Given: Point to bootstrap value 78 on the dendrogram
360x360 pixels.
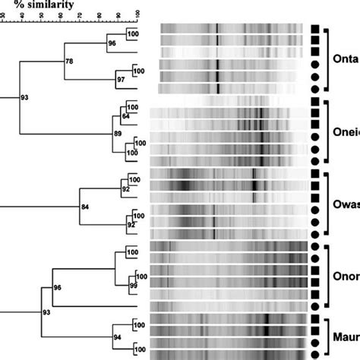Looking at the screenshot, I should (x=70, y=60).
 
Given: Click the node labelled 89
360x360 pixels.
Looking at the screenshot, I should (x=118, y=134).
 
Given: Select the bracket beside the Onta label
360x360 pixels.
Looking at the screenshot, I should (x=327, y=60).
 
